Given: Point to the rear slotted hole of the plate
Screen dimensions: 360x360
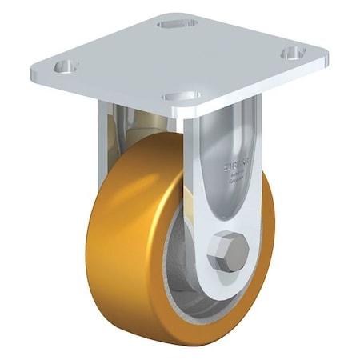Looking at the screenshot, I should (178, 24).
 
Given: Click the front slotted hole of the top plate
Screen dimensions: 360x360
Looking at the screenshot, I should (182, 95).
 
